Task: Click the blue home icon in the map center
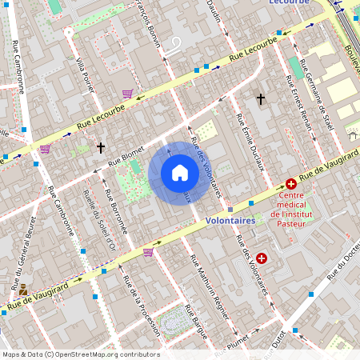click(x=180, y=173)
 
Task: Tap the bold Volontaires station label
click(x=230, y=220)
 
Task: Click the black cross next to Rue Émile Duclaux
click(x=260, y=99)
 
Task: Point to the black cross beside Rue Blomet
click(x=101, y=148)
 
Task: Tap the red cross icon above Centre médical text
click(x=291, y=183)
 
